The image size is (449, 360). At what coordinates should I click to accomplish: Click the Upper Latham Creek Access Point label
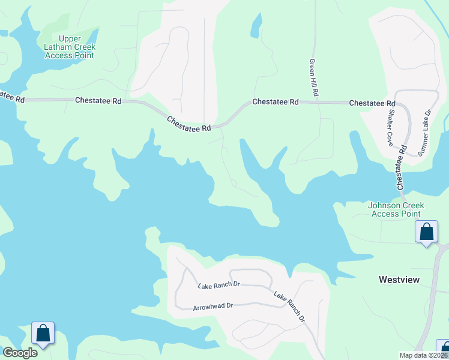click(x=70, y=47)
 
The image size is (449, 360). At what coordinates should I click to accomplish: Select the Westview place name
click(x=399, y=280)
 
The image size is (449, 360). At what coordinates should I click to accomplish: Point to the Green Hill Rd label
click(x=313, y=78)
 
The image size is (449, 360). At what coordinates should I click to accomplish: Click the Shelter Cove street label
click(x=390, y=127)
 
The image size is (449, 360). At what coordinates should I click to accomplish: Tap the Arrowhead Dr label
click(x=212, y=307)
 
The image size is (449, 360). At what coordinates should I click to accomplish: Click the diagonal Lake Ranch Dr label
click(x=290, y=307)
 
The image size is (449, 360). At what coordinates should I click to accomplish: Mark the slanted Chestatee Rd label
click(x=189, y=124)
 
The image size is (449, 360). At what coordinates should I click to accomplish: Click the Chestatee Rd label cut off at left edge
click(x=12, y=96)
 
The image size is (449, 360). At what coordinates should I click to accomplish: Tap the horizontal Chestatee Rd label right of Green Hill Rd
click(x=372, y=103)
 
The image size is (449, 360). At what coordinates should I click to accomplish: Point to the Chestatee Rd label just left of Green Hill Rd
click(x=276, y=102)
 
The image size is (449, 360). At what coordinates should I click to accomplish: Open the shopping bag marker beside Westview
click(x=426, y=232)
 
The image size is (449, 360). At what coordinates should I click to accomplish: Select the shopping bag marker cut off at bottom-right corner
click(x=444, y=349)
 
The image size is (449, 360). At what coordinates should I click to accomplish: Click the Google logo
click(x=20, y=353)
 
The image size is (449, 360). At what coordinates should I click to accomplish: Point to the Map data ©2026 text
click(x=423, y=355)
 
